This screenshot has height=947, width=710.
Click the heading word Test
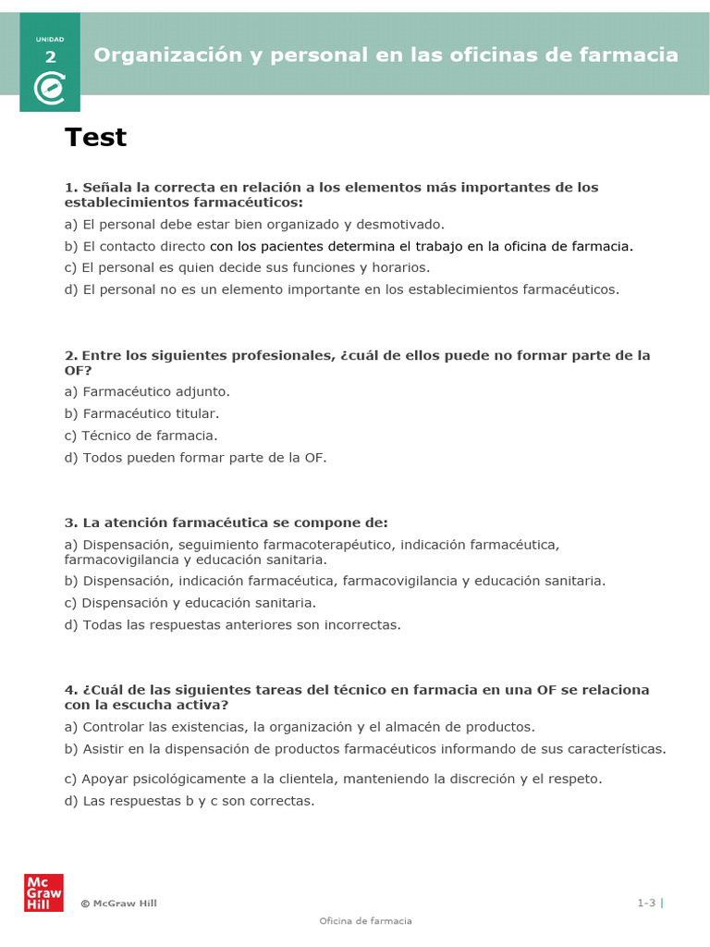click(95, 138)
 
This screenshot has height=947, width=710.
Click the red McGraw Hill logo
click(43, 892)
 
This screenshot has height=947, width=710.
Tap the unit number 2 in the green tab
click(50, 57)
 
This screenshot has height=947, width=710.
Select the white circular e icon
click(50, 89)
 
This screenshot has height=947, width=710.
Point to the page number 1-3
click(645, 903)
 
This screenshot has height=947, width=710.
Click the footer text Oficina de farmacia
click(365, 921)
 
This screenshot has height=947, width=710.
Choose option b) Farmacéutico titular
click(141, 413)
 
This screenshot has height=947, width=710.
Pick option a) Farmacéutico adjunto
click(147, 391)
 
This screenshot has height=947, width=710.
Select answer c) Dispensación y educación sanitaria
click(190, 603)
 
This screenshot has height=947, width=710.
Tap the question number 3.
click(69, 523)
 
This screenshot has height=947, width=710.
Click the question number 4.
click(69, 690)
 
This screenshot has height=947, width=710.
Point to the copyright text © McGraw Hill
click(118, 904)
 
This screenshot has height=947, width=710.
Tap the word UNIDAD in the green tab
click(50, 39)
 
